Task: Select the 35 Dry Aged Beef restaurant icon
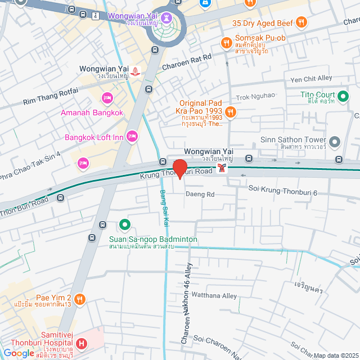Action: point(302,22)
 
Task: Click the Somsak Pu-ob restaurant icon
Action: point(226,43)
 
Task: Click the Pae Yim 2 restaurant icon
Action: point(80,298)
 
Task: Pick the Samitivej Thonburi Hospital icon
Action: point(82,343)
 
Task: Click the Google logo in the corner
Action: point(19,353)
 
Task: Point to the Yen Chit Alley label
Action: point(309,79)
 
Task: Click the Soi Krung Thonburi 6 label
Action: point(283,193)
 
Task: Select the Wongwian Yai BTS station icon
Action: point(224,168)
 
